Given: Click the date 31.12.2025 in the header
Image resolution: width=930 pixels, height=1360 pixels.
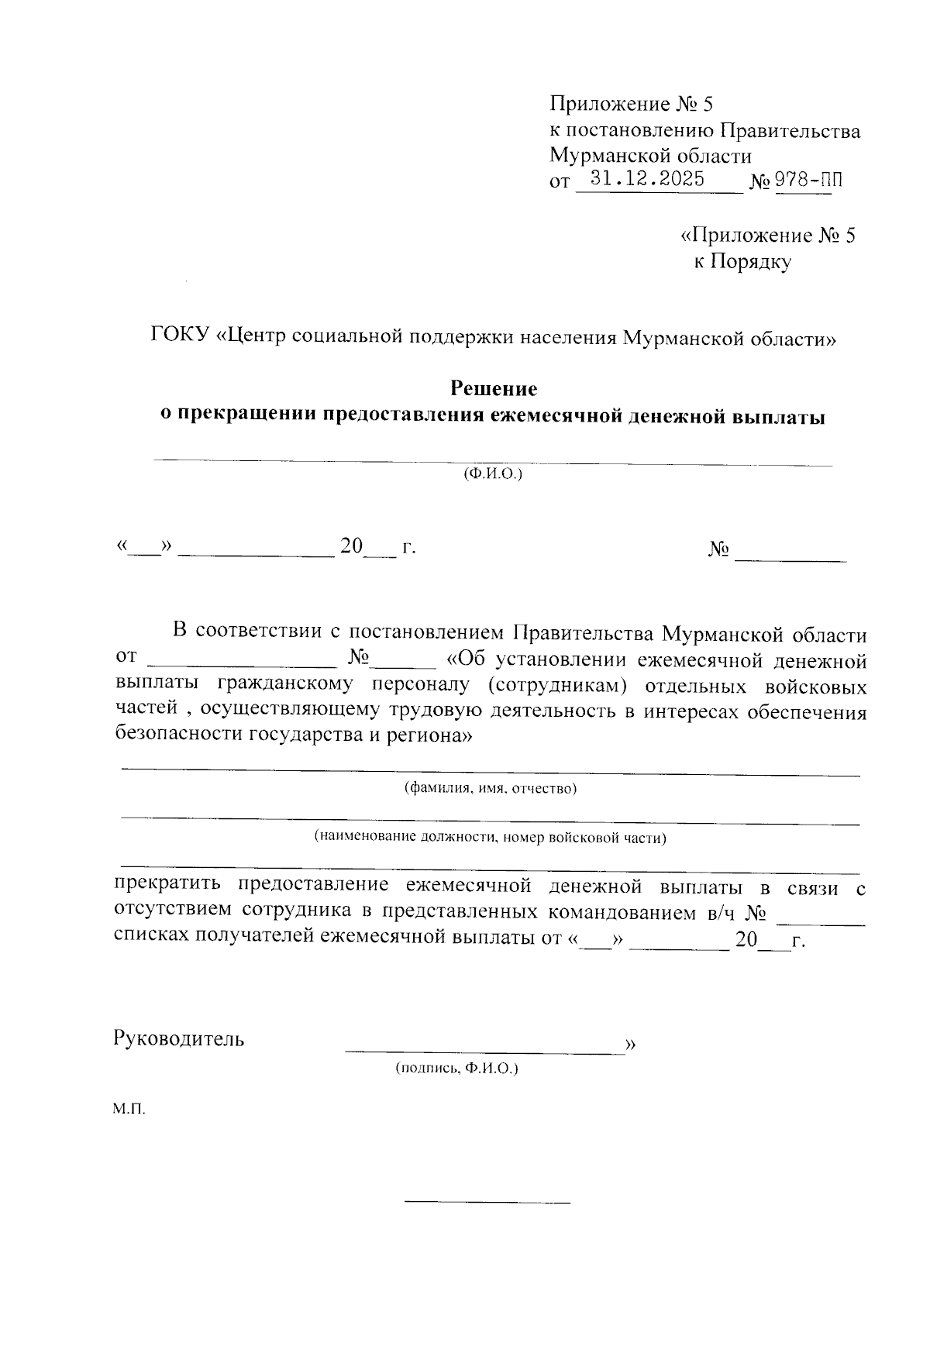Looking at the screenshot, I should point(647,180).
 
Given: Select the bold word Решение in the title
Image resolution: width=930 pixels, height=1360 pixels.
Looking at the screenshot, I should point(494,388).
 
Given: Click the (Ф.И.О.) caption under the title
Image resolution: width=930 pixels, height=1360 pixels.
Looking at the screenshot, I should point(493,473).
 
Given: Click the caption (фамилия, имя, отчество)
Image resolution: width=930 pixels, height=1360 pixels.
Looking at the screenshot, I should point(490,789).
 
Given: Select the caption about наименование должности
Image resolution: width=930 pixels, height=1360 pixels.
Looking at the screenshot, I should point(490,838).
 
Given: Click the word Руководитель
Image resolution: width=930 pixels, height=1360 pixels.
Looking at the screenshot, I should point(179,1038).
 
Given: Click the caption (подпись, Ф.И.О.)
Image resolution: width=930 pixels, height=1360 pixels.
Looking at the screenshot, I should point(456,1069).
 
